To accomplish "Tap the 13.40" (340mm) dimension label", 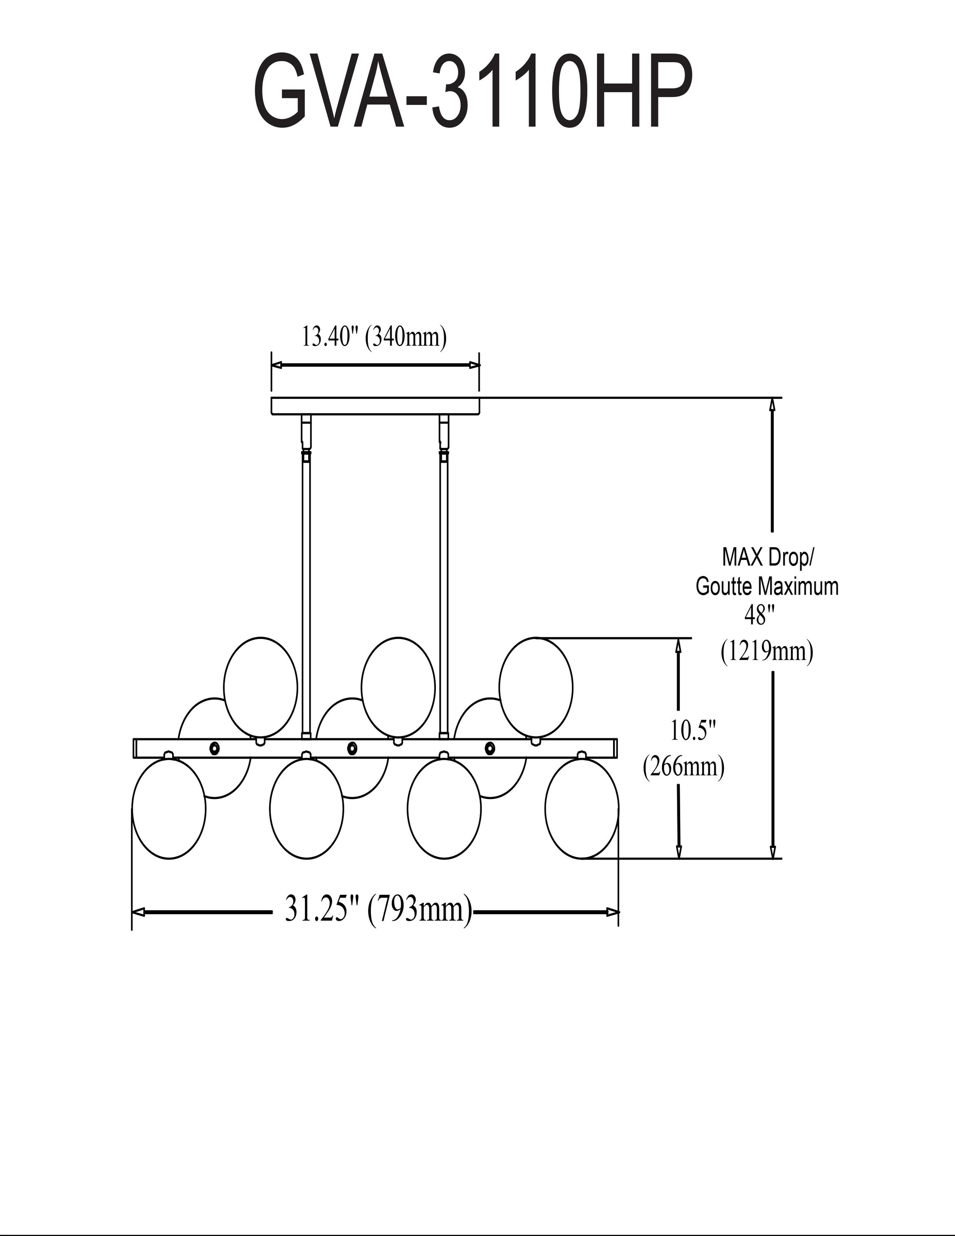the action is (375, 337).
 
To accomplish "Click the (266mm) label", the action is (683, 768).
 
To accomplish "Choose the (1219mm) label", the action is (767, 651).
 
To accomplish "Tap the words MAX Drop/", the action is (768, 558).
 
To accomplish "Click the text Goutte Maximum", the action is (767, 586).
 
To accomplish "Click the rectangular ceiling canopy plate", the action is (375, 406).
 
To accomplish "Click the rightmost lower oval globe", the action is (582, 808).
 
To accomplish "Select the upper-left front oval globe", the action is (261, 688).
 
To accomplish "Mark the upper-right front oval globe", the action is (536, 688).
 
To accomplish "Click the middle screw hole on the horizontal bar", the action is (352, 748).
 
